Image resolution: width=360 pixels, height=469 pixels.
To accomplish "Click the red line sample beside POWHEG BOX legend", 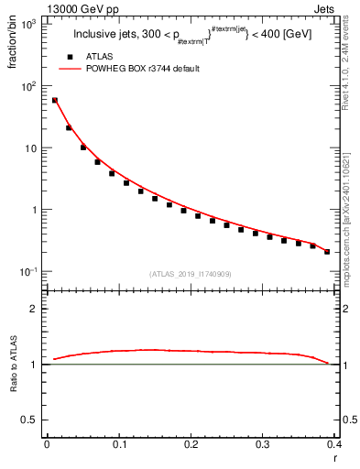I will [x=71, y=69].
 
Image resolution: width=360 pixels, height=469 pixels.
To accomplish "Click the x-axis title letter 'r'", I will [x=336, y=457].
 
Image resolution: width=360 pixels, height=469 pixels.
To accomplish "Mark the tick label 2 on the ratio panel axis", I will [x=35, y=309].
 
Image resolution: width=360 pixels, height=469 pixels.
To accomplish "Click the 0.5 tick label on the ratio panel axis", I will [x=30, y=420].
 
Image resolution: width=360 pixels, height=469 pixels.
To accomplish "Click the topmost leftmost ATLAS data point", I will [x=55, y=101].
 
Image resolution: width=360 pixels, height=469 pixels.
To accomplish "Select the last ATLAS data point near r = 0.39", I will [x=327, y=251].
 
